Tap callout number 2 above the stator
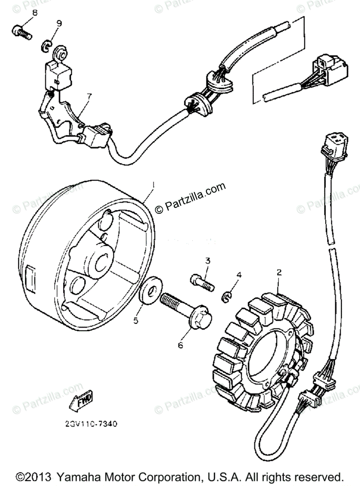click(279, 273)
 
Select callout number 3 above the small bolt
click(207, 260)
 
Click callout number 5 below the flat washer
click(136, 320)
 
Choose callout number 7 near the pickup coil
click(89, 97)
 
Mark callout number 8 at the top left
click(34, 13)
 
